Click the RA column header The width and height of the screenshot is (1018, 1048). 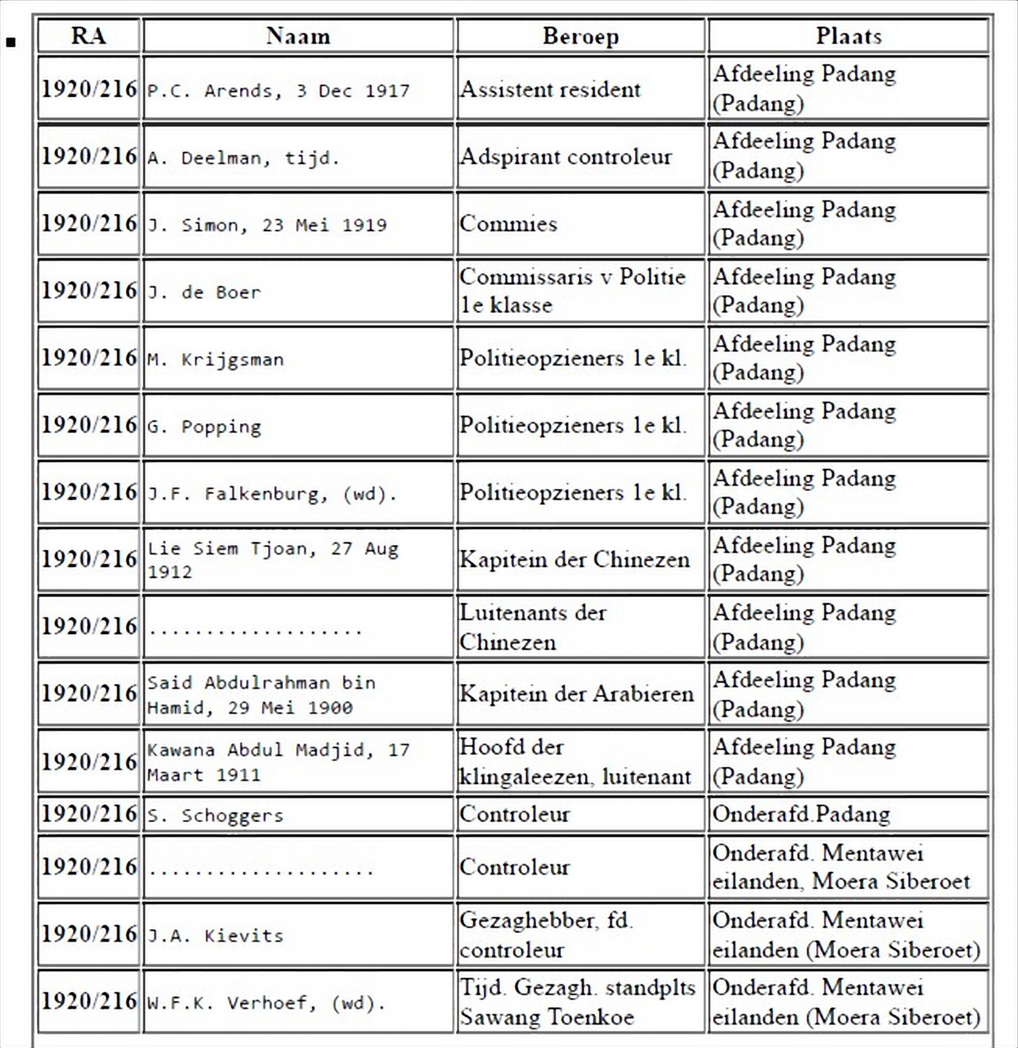click(x=88, y=36)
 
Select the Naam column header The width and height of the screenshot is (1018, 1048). click(x=298, y=36)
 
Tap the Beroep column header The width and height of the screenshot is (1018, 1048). click(x=580, y=36)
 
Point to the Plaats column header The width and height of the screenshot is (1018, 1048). click(x=848, y=36)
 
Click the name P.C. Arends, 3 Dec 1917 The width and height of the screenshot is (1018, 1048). click(x=279, y=91)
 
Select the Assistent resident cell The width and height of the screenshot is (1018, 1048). click(x=550, y=89)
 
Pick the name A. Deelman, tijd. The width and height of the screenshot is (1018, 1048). click(x=244, y=157)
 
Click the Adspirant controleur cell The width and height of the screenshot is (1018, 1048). click(x=566, y=156)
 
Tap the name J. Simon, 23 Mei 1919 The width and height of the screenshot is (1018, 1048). click(x=267, y=225)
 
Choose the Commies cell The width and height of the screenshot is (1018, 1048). click(x=508, y=224)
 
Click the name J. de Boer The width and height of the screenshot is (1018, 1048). click(x=204, y=292)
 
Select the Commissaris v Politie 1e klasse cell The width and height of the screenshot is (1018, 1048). click(x=573, y=290)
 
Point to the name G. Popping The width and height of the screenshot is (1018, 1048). click(x=204, y=427)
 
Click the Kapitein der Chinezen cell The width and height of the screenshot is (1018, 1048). click(x=575, y=559)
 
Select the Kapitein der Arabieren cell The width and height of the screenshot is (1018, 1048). click(x=576, y=693)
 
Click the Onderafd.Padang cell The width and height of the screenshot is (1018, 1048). click(x=801, y=814)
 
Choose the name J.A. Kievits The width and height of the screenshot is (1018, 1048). click(x=215, y=935)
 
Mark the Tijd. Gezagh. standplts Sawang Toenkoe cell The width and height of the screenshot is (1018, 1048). click(x=578, y=1002)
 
